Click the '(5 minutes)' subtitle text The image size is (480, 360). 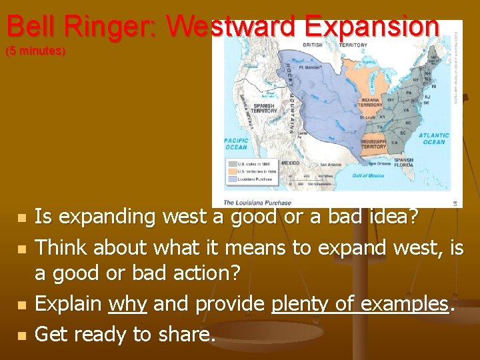pyautogui.click(x=36, y=51)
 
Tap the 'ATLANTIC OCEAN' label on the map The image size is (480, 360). pyautogui.click(x=433, y=138)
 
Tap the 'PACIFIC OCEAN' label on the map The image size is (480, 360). pyautogui.click(x=236, y=143)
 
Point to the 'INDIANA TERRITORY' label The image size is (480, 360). pyautogui.click(x=371, y=102)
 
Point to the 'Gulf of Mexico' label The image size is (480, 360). pyautogui.click(x=367, y=175)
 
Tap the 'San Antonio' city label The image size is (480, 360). pyautogui.click(x=331, y=164)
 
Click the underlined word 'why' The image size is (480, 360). pyautogui.click(x=127, y=304)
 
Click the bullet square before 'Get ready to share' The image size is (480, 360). pyautogui.click(x=22, y=335)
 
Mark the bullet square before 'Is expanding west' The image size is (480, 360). pyautogui.click(x=22, y=218)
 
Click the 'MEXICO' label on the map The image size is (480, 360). pyautogui.click(x=290, y=162)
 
